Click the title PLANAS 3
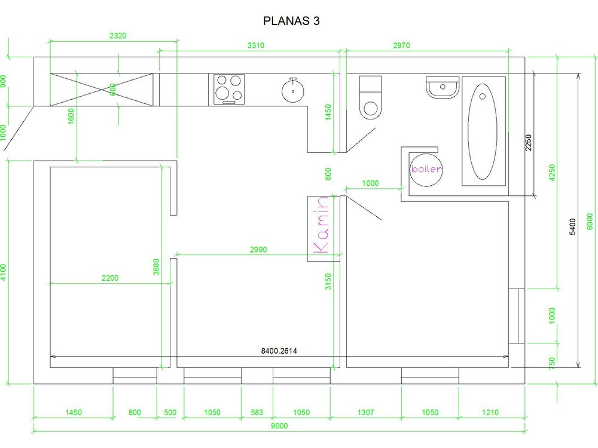point(291,20)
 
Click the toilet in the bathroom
point(370,97)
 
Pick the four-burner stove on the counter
point(229,90)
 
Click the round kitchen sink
point(293,91)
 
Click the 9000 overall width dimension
point(279,426)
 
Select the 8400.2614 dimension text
point(279,351)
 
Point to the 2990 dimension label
point(258,250)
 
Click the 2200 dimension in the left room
point(110,278)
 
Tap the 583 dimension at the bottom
point(257,412)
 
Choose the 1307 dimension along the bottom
point(365,412)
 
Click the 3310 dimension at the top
point(255,46)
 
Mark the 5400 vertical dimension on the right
point(572,226)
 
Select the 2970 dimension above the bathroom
point(401,46)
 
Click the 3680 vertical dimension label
point(156,267)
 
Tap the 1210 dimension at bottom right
point(490,412)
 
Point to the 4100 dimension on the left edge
point(4,272)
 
